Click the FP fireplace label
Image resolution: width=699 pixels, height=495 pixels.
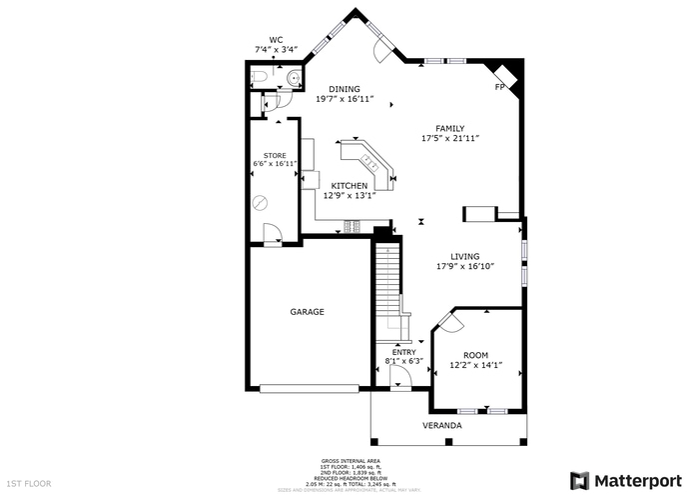click(500, 88)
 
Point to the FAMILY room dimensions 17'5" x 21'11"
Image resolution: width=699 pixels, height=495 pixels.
click(450, 138)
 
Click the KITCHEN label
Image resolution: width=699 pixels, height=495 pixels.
click(349, 186)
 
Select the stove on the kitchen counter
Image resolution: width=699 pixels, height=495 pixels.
click(351, 223)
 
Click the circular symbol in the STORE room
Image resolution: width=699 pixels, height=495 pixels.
click(261, 202)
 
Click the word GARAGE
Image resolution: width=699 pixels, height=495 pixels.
click(307, 312)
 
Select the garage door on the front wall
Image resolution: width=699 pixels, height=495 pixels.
click(307, 389)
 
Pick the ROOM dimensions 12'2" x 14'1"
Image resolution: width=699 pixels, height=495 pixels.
click(475, 366)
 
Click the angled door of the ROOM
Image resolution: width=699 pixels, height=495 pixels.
click(448, 323)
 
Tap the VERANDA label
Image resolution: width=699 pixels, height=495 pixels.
click(442, 426)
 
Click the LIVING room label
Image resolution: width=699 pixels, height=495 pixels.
click(464, 256)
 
